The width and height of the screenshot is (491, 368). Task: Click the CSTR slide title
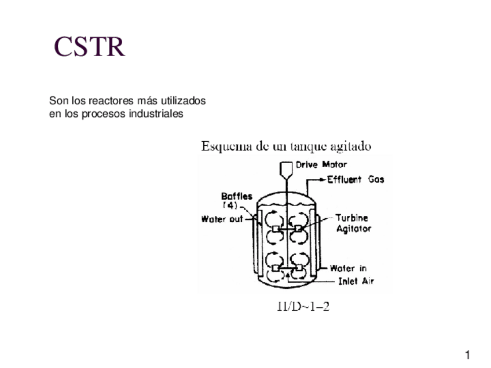click(x=89, y=47)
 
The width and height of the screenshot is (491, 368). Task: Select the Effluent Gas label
click(x=356, y=179)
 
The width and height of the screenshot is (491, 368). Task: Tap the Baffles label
click(x=236, y=196)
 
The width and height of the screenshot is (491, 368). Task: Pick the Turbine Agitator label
click(x=354, y=223)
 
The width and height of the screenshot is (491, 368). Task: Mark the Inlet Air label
click(x=356, y=282)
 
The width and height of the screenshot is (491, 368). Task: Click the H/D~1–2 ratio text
click(x=303, y=307)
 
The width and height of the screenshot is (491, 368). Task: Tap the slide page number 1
click(x=467, y=354)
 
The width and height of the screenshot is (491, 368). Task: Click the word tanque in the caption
click(x=310, y=146)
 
